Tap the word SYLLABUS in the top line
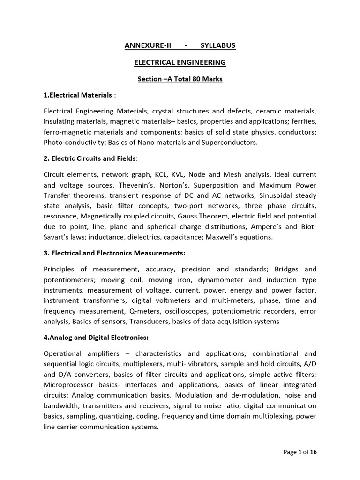[217, 45]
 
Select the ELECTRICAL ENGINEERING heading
[180, 62]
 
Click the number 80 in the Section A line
[195, 79]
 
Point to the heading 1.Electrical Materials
[78, 95]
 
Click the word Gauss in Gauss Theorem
[188, 216]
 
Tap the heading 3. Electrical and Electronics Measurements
[114, 253]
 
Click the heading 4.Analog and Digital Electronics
[96, 337]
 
